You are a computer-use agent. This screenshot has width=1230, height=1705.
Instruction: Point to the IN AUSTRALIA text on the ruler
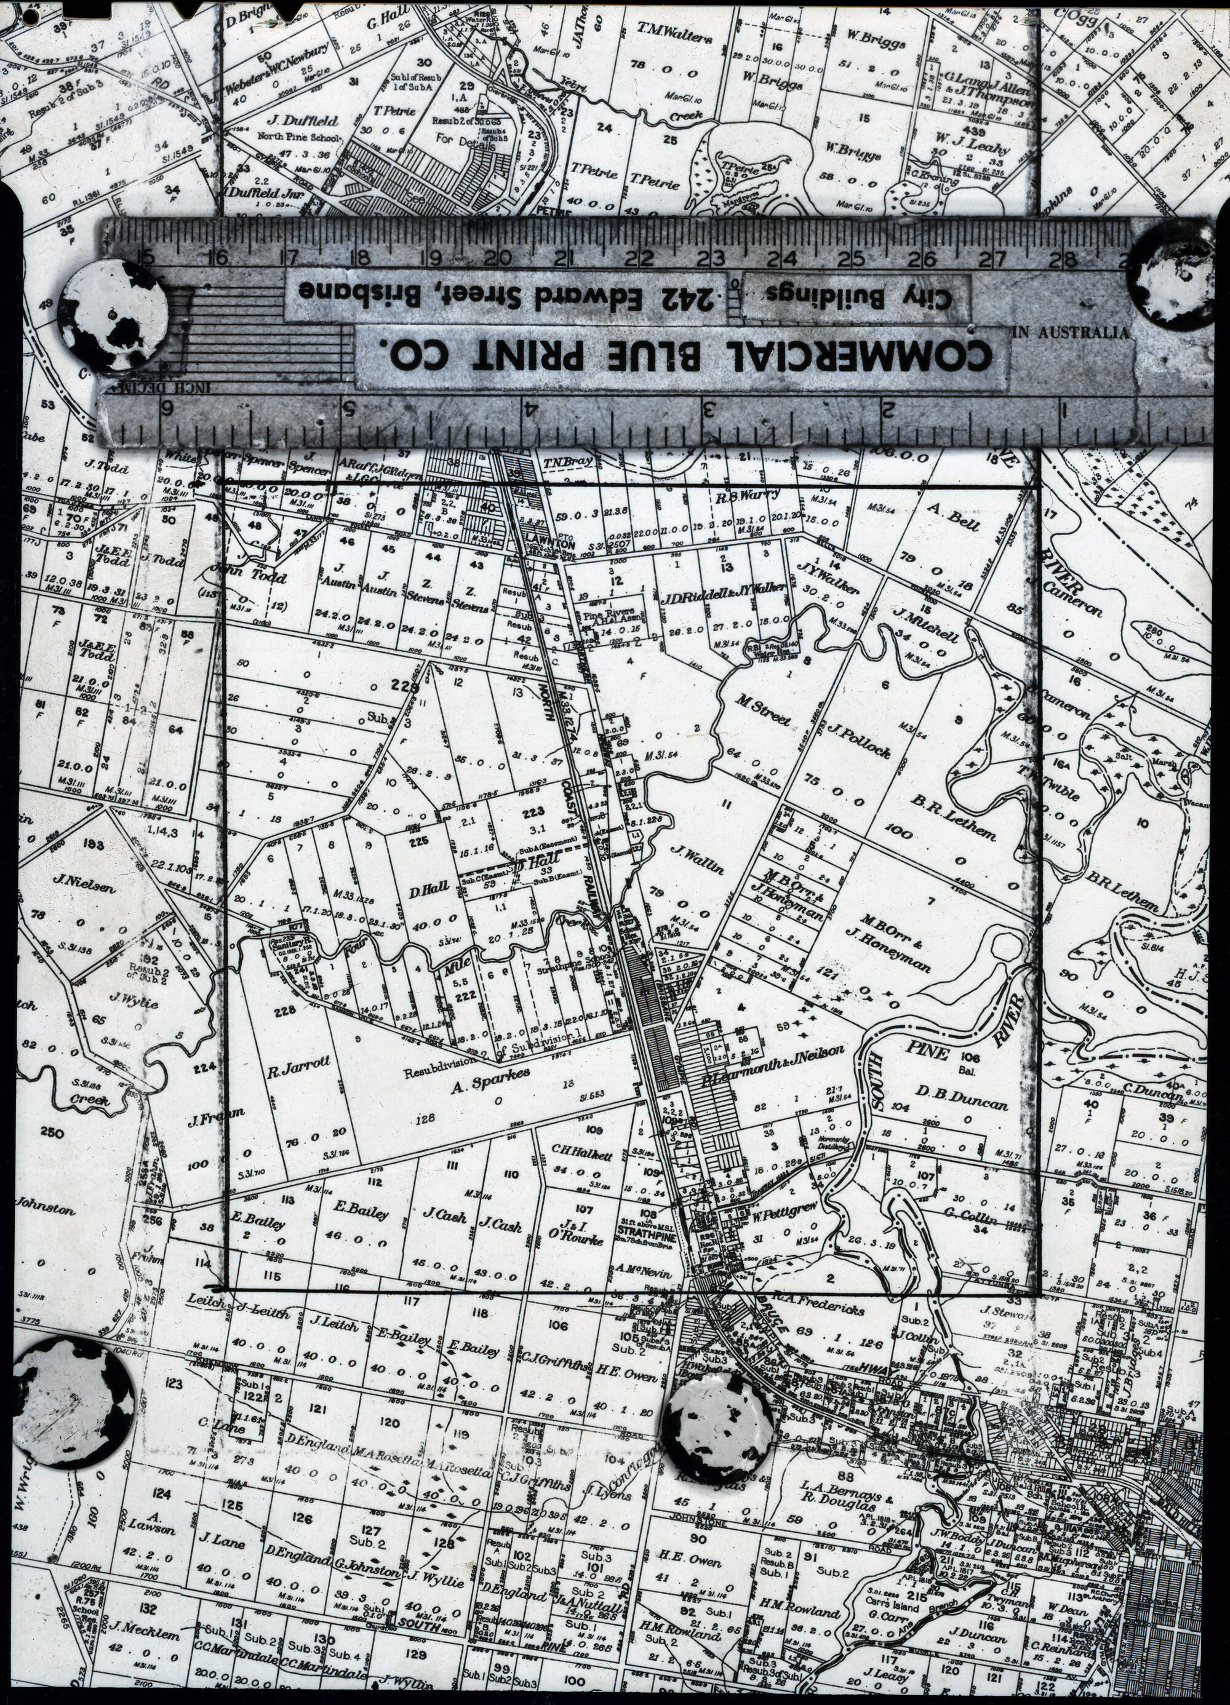[1071, 333]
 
